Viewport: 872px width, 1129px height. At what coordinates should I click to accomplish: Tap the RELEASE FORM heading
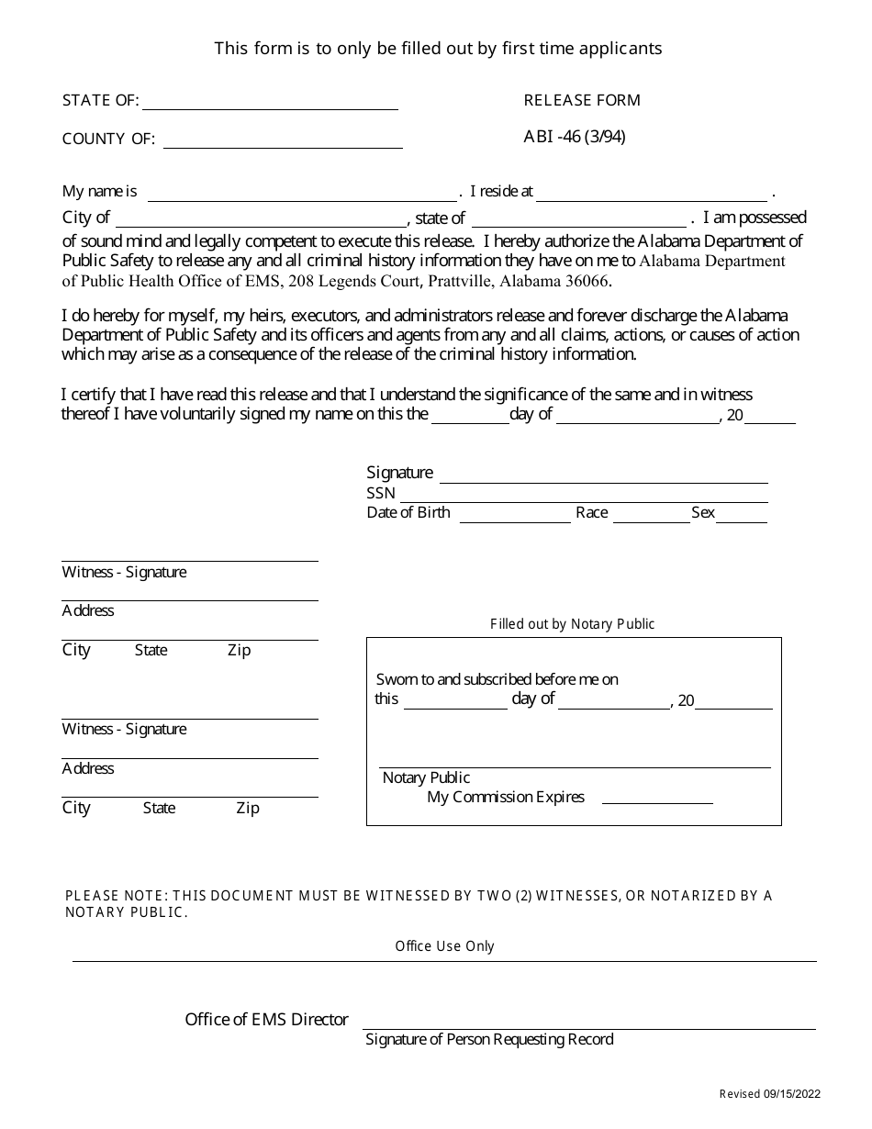582,100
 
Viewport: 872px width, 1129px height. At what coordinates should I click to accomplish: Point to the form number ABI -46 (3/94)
575,137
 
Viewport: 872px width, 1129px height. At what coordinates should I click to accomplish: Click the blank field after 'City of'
261,221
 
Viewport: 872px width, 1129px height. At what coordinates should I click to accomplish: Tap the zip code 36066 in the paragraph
587,282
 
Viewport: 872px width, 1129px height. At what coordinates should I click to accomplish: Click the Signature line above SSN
603,477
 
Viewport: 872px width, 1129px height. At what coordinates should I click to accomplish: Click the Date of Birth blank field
514,517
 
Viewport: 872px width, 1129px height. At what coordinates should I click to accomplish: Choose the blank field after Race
651,517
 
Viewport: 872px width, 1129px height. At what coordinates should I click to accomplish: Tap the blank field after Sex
742,517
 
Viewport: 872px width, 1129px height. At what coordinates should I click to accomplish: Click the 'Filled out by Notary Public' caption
573,624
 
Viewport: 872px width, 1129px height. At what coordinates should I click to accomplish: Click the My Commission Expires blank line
657,799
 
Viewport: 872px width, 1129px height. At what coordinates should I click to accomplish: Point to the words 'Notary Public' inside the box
426,778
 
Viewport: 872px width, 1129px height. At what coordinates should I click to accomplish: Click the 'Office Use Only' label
444,946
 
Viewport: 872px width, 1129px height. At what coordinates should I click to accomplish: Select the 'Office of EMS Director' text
266,1020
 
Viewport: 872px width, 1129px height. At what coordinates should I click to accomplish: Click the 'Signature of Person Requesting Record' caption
489,1040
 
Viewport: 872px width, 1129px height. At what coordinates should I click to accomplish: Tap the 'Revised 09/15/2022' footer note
769,1094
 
